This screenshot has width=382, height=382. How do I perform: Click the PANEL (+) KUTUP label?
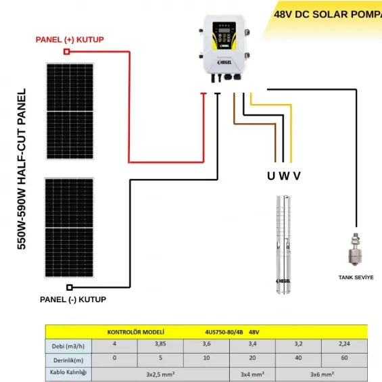click(x=70, y=40)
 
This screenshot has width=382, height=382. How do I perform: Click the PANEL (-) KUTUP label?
click(x=73, y=299)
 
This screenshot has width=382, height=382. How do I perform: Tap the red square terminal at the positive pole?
click(x=67, y=51)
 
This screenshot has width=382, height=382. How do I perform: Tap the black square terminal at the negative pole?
click(x=71, y=287)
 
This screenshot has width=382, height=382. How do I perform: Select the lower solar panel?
click(x=69, y=227)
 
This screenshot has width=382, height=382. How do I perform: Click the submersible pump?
click(x=284, y=244)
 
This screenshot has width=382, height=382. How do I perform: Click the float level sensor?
click(x=355, y=249)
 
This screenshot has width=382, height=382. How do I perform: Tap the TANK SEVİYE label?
click(x=356, y=277)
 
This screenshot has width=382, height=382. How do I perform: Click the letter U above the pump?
click(x=271, y=176)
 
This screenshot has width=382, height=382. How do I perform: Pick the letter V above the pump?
click(x=296, y=176)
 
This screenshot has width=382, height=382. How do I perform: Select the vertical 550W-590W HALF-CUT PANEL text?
click(x=22, y=169)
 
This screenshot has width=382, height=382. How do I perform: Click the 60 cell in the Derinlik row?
click(x=344, y=357)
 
